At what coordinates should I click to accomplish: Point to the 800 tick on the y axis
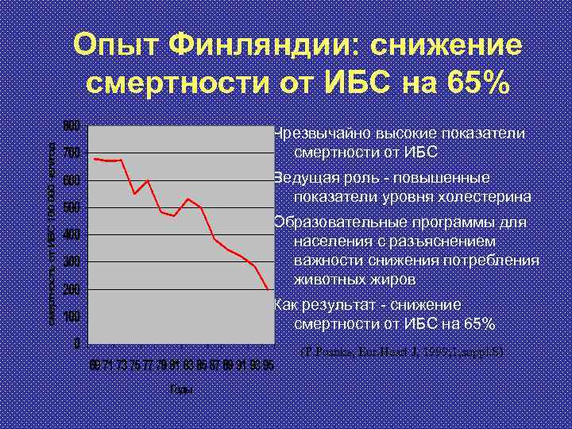(71, 126)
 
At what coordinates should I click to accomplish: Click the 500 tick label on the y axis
(71, 208)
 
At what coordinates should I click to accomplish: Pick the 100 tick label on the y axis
(71, 317)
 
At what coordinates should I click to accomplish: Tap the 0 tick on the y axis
(75, 344)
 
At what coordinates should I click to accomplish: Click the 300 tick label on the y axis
(71, 262)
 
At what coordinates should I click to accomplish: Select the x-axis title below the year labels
(180, 389)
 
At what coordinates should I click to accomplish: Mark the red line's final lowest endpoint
(269, 289)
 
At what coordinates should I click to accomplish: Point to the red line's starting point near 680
(95, 159)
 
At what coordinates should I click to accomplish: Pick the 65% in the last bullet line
(477, 324)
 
